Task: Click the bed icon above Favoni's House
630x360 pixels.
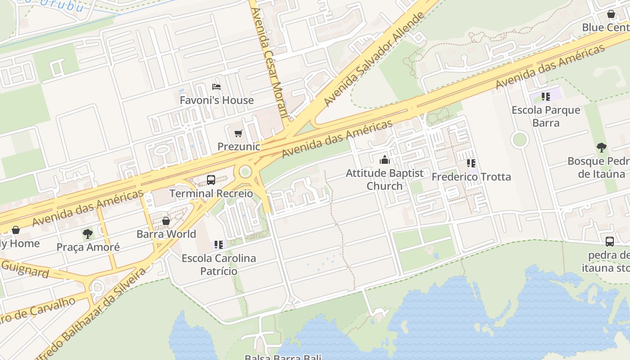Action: pos(216,86)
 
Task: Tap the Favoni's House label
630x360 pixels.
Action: pos(216,100)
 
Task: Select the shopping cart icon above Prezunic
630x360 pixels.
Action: pos(238,133)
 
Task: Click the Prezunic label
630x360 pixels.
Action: pos(239,147)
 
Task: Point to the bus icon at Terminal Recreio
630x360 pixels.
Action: pos(211,180)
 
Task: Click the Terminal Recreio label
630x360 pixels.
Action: pos(211,193)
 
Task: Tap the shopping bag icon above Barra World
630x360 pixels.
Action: pos(166,221)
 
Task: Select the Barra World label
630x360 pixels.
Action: pos(166,234)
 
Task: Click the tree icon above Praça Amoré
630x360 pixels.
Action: pos(88,234)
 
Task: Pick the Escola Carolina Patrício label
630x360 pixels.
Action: pos(219,265)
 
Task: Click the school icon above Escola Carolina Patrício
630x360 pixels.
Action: pos(219,245)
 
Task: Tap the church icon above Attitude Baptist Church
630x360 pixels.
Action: pos(384,160)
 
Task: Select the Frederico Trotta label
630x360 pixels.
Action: pos(471,177)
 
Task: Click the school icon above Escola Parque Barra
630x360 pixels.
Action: pos(546,96)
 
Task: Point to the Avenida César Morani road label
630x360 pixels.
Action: pos(269,63)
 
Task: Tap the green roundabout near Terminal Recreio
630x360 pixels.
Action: pos(245,171)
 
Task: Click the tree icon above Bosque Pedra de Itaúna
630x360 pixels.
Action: pos(601,148)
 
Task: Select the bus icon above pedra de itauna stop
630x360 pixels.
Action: pos(609,242)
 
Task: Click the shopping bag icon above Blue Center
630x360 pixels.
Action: pos(611,14)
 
